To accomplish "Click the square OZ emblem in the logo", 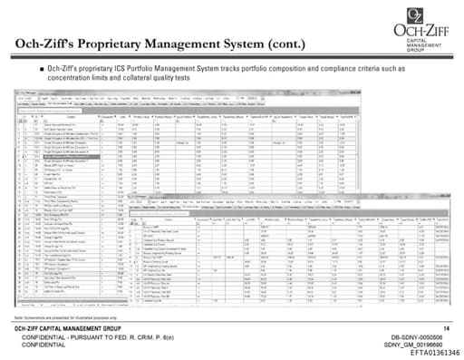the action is click(x=414, y=15).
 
